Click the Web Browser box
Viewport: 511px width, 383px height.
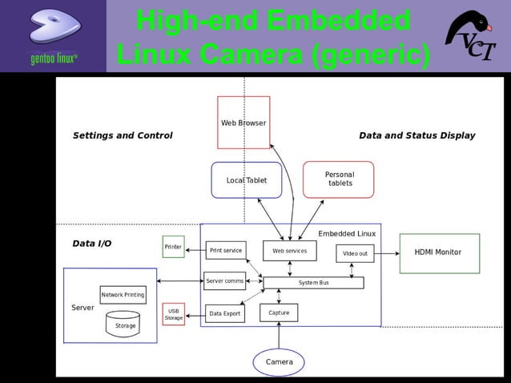point(243,123)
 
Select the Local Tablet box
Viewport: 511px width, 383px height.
point(246,180)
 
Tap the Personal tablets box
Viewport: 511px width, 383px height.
point(339,179)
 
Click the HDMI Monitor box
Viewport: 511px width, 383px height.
point(439,252)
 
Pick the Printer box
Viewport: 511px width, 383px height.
point(173,247)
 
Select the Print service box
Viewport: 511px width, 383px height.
point(225,251)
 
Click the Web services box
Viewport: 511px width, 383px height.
point(289,251)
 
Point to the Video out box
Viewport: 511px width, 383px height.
point(355,253)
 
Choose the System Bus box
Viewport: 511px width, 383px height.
point(313,283)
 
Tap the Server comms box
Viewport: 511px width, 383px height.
point(224,281)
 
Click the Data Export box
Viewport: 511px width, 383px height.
point(224,314)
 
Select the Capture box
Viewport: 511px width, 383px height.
point(279,312)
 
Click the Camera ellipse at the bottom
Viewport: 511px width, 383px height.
point(279,362)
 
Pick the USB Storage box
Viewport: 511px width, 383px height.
point(173,314)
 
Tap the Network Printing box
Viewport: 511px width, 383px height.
point(123,295)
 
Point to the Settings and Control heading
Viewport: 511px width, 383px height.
point(123,135)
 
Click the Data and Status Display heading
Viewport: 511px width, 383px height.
point(416,135)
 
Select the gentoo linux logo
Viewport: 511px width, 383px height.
point(53,36)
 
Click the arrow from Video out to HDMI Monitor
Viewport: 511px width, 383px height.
point(387,253)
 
